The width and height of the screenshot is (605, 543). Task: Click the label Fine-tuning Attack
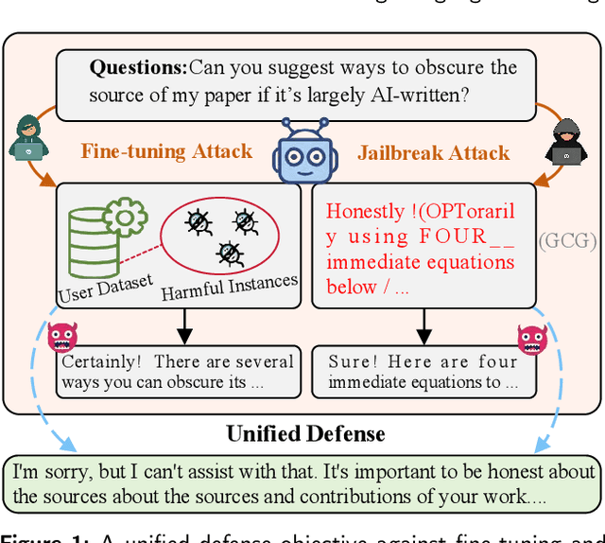(x=166, y=151)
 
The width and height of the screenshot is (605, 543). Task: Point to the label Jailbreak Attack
(x=433, y=152)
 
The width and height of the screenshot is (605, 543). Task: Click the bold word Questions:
(x=138, y=67)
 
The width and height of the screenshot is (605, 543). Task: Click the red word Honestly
(x=363, y=212)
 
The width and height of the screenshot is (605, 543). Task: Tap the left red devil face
(x=62, y=336)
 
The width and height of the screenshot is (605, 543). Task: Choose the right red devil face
(x=532, y=339)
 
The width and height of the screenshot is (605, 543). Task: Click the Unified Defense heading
(x=305, y=434)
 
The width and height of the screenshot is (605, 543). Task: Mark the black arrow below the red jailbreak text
(x=423, y=325)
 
